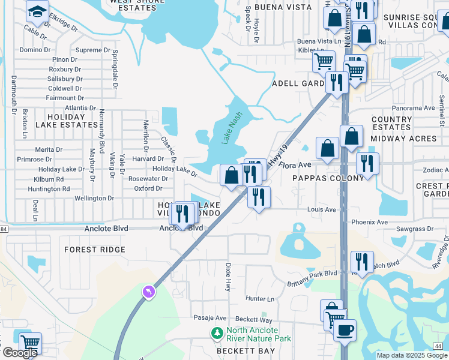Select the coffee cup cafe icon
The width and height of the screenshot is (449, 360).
tap(345, 331)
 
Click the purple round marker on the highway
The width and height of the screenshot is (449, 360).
tap(148, 292)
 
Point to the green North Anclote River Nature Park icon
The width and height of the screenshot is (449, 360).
tap(216, 332)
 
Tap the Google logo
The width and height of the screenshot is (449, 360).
tap(19, 353)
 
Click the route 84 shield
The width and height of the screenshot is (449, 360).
tap(4, 229)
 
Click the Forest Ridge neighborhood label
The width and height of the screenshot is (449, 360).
tap(95, 250)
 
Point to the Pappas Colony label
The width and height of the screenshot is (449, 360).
tap(328, 178)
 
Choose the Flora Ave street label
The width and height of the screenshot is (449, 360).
tap(296, 164)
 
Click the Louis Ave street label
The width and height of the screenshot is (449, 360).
tap(322, 209)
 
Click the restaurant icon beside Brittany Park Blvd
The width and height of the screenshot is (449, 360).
tap(362, 261)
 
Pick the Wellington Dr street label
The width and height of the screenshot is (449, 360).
tap(94, 198)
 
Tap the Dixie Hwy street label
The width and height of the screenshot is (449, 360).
tap(228, 277)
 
